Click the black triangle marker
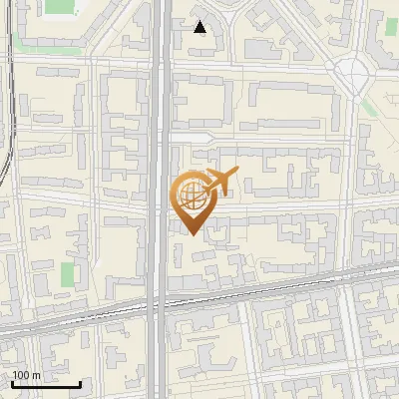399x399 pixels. pos(200,27)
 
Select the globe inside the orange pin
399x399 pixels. pos(192,197)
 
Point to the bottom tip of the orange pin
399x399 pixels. pos(192,234)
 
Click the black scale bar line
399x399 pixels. pos(46,384)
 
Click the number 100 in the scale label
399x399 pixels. pos(20,375)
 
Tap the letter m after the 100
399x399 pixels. pos(35,375)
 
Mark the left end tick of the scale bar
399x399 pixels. pos(12,382)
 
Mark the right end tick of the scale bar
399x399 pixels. pos(81,382)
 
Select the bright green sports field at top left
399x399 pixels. pos(60,6)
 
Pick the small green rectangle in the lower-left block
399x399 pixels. pos(68,274)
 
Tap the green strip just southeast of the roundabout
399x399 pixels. pos(369,105)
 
